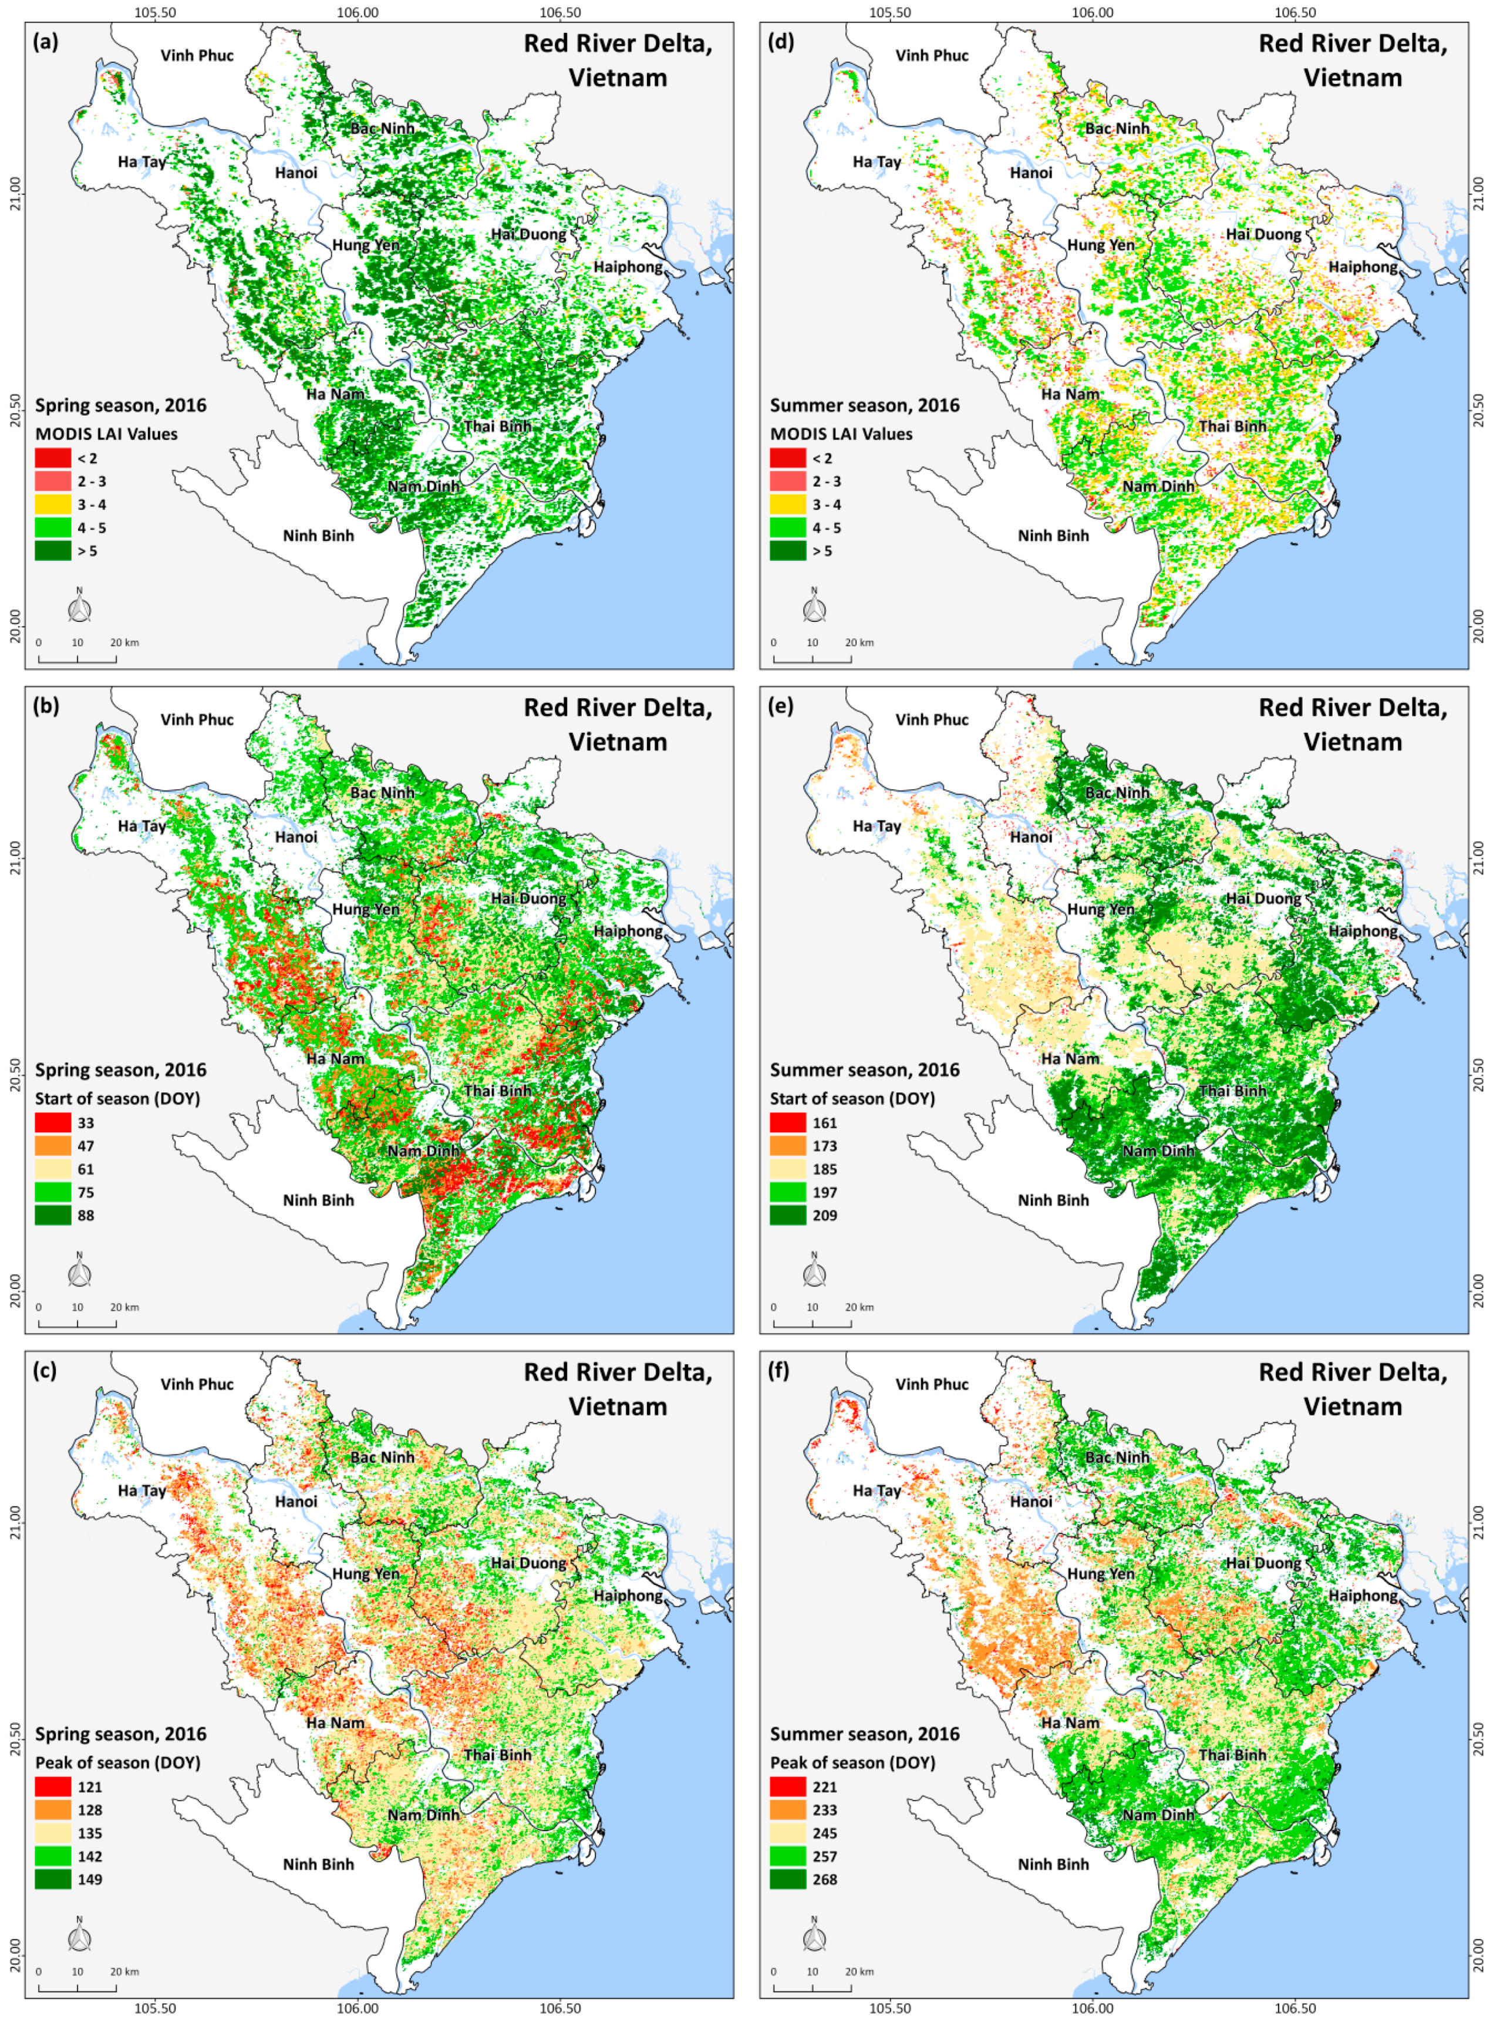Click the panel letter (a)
[45, 42]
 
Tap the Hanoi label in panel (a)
[296, 172]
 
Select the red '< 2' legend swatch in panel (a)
[52, 458]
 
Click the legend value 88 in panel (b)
[86, 1215]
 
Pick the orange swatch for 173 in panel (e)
[787, 1146]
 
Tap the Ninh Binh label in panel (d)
[1053, 535]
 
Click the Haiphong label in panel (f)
[1363, 1595]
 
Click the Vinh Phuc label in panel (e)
[932, 719]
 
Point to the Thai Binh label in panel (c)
[498, 1755]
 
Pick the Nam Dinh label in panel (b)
[424, 1150]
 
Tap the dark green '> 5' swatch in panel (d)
[787, 550]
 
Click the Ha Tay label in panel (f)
[877, 1490]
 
